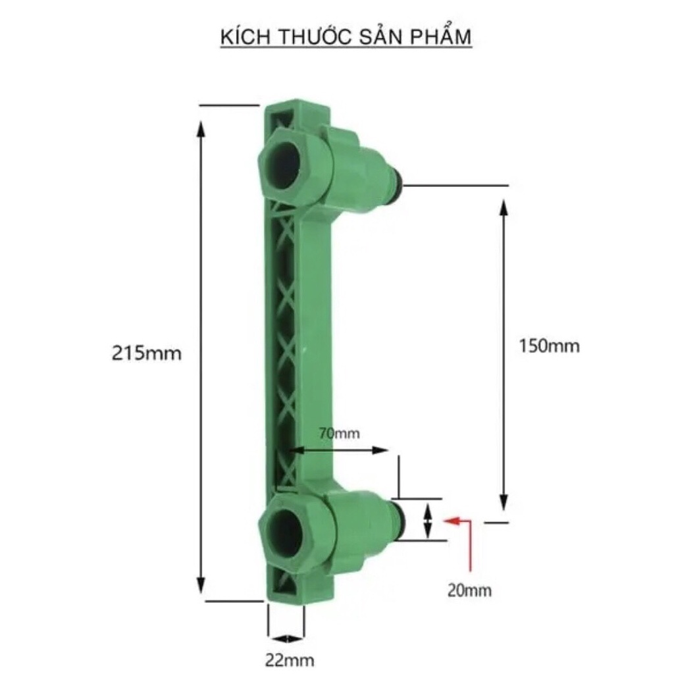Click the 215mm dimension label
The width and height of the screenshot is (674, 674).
click(x=147, y=353)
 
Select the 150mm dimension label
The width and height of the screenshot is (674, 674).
click(x=549, y=346)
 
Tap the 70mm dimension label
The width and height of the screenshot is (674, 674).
click(x=339, y=433)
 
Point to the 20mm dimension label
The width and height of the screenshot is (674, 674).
click(x=469, y=590)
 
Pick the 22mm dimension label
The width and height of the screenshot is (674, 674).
click(x=290, y=660)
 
